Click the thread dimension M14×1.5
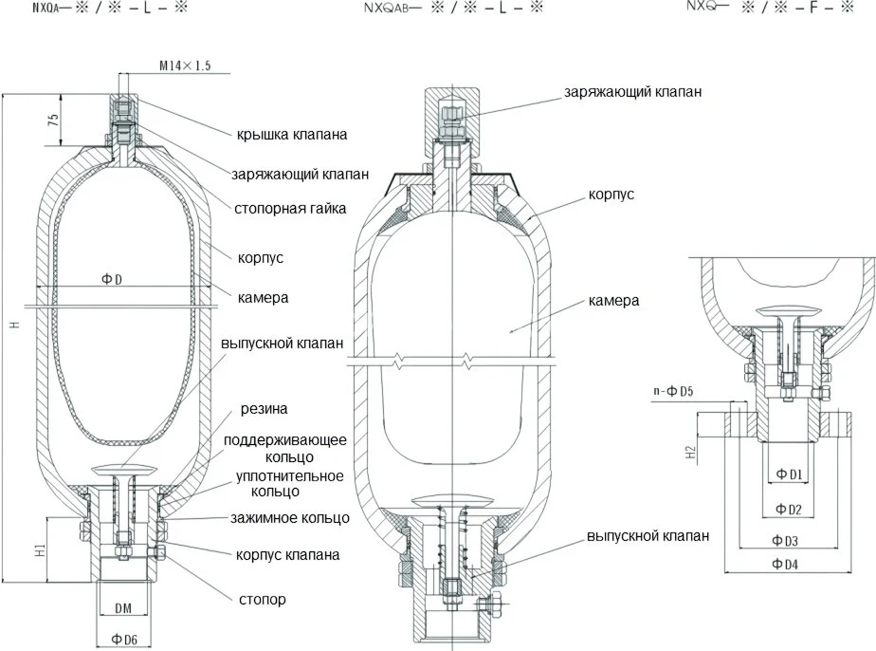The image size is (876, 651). click(x=184, y=65)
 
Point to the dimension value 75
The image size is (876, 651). click(x=54, y=121)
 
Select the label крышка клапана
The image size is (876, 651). click(x=292, y=135)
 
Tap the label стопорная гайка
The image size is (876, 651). click(x=289, y=208)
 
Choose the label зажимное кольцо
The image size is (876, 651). click(x=290, y=518)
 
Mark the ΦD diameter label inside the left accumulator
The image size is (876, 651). click(x=111, y=278)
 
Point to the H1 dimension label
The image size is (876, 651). click(x=41, y=549)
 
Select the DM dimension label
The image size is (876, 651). click(x=123, y=606)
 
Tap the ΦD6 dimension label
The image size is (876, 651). click(x=124, y=640)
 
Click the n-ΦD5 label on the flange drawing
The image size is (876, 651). click(x=673, y=391)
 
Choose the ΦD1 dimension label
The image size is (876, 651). click(x=789, y=474)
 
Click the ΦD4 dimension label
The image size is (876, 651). click(x=785, y=565)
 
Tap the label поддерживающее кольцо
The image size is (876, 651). click(x=285, y=448)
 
